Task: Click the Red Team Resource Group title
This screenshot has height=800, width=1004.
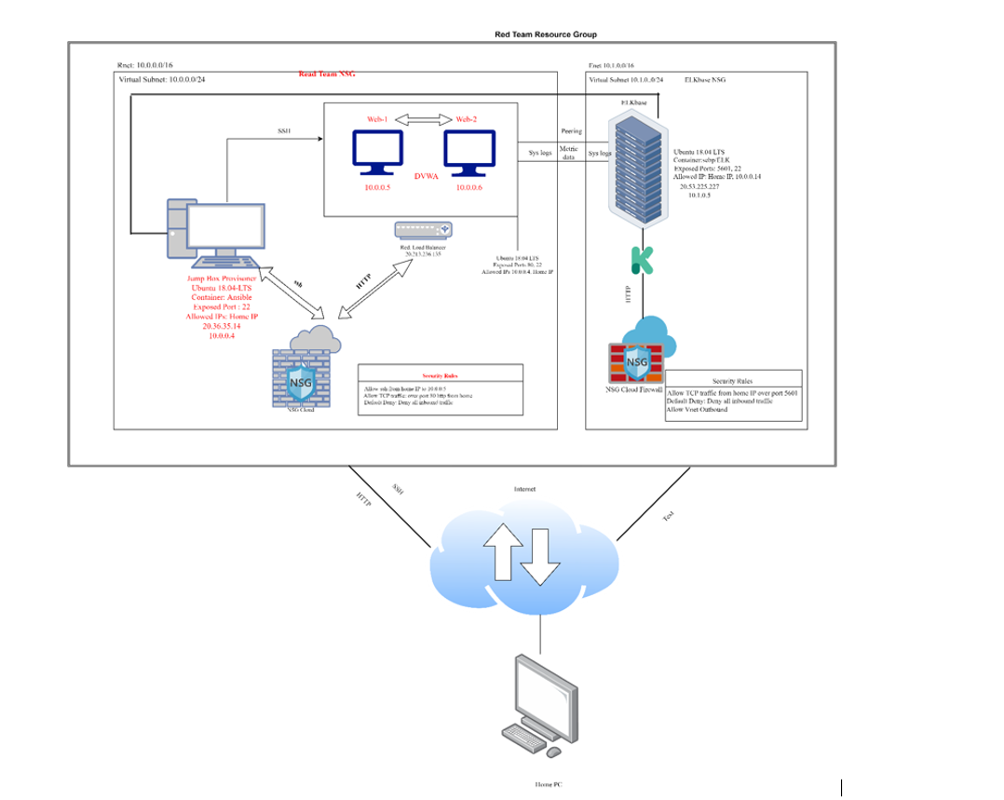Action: coord(545,34)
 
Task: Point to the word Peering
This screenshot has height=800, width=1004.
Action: coord(572,131)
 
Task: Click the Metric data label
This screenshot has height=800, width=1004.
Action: coord(569,153)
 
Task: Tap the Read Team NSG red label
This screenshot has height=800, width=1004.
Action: coord(327,74)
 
